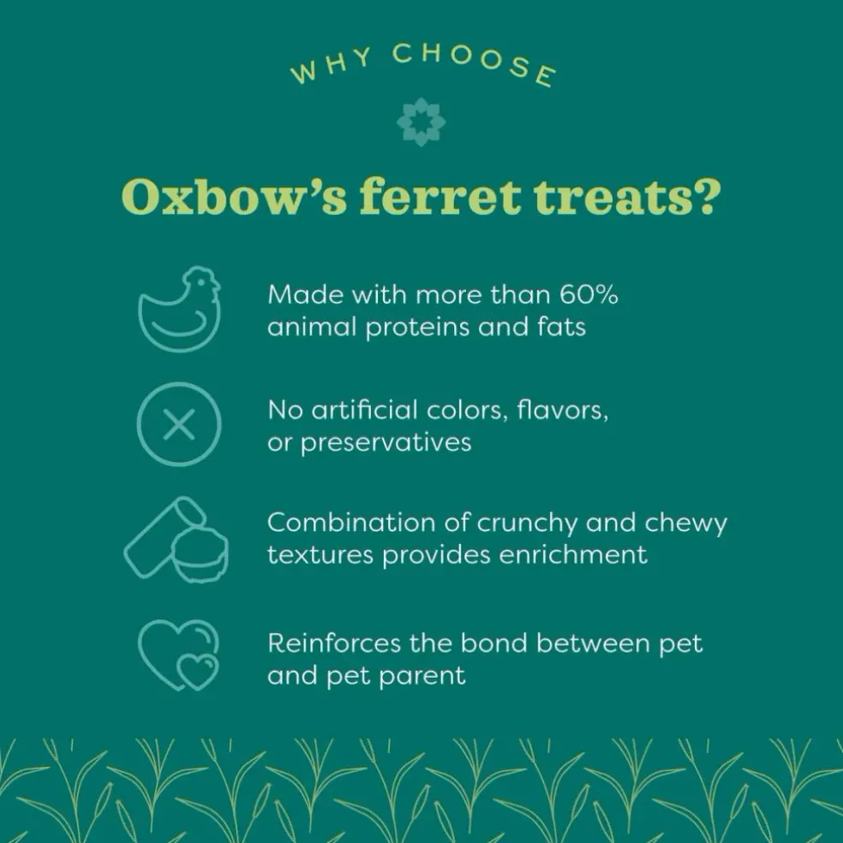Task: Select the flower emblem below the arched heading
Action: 421,122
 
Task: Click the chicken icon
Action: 180,309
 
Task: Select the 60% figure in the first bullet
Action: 589,295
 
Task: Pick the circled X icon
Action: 179,424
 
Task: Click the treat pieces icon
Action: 176,540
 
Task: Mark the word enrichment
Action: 573,555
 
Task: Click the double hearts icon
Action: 179,655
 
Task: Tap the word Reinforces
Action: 334,643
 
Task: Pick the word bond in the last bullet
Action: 494,643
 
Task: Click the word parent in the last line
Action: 422,677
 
